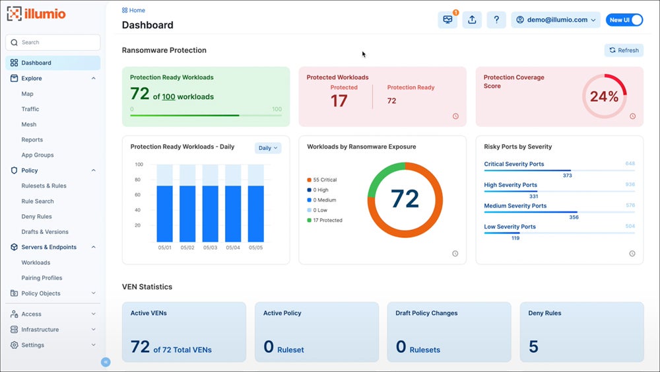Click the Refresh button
click(624, 50)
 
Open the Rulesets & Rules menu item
click(44, 186)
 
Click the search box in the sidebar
click(53, 42)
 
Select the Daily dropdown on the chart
click(268, 148)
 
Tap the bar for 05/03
click(210, 213)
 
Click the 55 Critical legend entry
click(322, 180)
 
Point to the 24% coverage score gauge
click(604, 96)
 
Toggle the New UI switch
click(624, 20)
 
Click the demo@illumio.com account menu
click(556, 20)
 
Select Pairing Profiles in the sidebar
click(42, 278)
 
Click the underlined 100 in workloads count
click(168, 96)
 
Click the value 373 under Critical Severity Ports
click(567, 176)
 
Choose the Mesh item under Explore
click(29, 124)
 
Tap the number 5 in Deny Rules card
click(533, 347)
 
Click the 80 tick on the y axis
click(139, 180)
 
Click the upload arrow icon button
click(472, 20)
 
